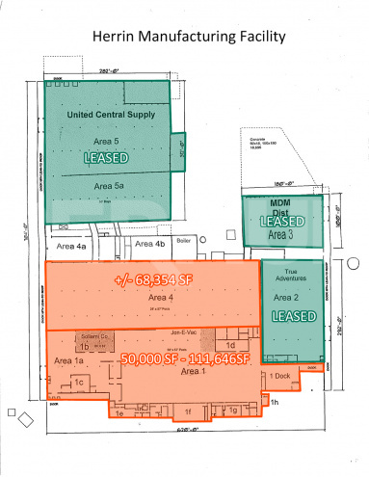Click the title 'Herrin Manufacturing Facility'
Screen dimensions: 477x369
(188, 38)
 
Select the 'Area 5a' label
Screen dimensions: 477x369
(111, 185)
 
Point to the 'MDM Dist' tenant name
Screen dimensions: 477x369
(279, 206)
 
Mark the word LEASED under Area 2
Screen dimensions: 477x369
(294, 316)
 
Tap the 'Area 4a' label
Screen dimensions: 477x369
(75, 247)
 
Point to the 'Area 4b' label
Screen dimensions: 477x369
(151, 245)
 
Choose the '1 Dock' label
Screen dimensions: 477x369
(278, 375)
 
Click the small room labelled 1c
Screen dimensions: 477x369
(80, 384)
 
